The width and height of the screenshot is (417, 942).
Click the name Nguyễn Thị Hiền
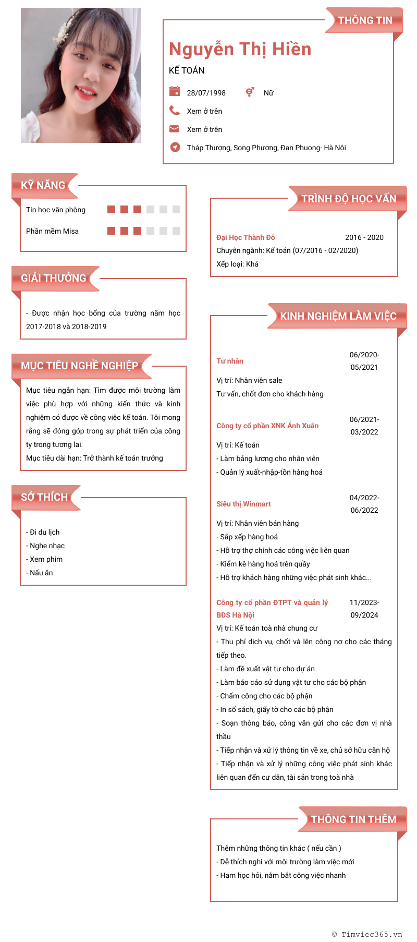[240, 49]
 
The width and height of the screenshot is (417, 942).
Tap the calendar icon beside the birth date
[175, 92]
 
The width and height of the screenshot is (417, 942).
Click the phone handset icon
[175, 111]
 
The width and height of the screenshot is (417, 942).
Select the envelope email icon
[175, 129]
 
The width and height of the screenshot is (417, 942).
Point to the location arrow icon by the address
[175, 147]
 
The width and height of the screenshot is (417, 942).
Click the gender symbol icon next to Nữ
[250, 92]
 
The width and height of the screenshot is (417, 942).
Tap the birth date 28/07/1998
[206, 93]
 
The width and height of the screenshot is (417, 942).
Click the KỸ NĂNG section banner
[44, 185]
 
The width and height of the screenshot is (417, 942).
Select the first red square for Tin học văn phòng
[111, 209]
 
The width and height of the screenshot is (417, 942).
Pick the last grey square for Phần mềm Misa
[176, 231]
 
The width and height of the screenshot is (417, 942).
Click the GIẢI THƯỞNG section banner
[54, 278]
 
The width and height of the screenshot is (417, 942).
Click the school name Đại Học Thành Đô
[246, 237]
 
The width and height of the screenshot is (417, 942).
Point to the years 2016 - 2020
[364, 237]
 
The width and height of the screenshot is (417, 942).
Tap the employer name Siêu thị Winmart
[243, 504]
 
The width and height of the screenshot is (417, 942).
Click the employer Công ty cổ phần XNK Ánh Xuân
[267, 426]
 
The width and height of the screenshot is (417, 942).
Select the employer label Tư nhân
[230, 361]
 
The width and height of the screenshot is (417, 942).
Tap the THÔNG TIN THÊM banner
[353, 819]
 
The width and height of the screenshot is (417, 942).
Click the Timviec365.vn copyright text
[367, 934]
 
